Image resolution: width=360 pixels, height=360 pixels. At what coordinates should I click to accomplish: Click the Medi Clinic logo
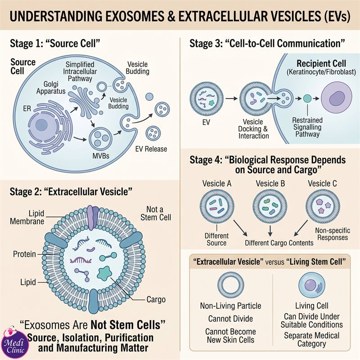coord(15,343)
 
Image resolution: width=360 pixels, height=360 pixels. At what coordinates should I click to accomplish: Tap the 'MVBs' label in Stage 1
coord(101,156)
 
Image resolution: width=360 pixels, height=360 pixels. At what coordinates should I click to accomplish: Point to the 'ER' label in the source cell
coord(27,108)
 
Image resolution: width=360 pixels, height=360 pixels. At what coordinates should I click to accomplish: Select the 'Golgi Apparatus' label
coord(51,88)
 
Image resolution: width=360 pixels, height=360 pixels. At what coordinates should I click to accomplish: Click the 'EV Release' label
coord(151,149)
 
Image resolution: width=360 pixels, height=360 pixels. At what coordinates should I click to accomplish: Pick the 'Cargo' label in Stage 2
coord(156,299)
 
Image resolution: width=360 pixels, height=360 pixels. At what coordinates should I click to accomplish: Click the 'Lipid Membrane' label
coord(27,217)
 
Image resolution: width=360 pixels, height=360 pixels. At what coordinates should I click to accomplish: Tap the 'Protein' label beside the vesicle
coord(24,254)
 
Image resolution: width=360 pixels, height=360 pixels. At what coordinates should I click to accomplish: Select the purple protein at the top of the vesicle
coord(93,217)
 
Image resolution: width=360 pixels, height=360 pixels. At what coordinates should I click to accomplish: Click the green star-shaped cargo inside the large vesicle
coord(104,274)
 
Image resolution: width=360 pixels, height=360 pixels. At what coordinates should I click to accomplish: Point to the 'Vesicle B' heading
coord(270,184)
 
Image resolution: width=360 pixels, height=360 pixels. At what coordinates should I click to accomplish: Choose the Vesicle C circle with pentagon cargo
coord(323,207)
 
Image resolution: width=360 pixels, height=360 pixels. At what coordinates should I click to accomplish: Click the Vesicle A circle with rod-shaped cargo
coord(217,207)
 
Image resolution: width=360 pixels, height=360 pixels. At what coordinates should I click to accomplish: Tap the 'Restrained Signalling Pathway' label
coord(307,127)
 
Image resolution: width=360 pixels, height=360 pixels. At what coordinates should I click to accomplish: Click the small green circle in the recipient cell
coord(307,99)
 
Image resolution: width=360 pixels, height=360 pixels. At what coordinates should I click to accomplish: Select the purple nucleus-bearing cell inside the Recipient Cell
coord(336,98)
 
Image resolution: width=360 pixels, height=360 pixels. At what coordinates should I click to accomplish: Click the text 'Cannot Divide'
coord(230,319)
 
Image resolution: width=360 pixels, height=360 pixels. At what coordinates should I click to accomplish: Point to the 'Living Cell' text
coord(311,306)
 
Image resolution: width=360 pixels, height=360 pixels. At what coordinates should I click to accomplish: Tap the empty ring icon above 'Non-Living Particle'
coord(230,285)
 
